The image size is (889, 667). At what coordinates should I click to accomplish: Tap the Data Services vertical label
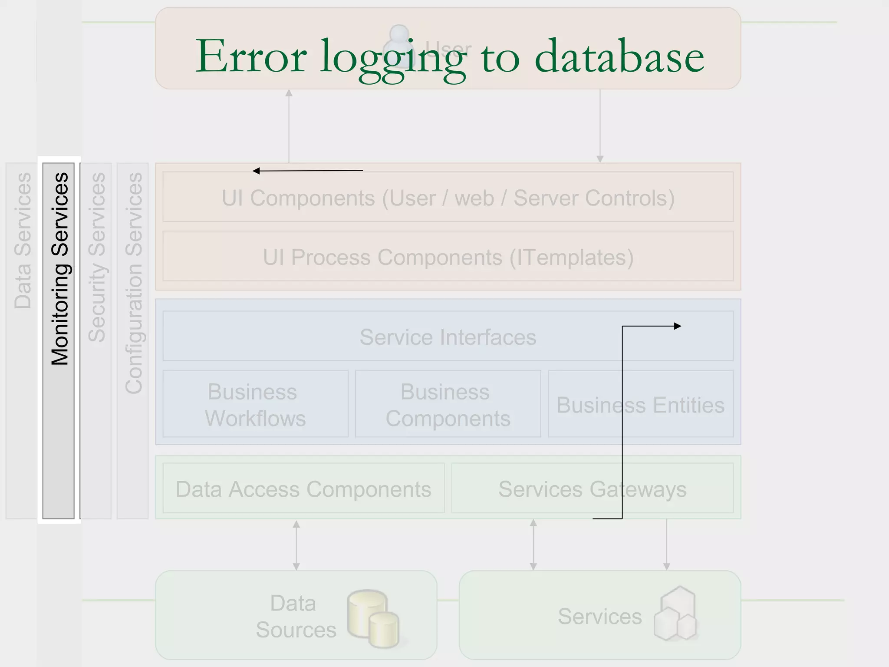[x=23, y=241]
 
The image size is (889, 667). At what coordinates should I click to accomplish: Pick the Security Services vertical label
[x=96, y=257]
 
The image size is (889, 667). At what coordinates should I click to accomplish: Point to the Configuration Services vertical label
[x=133, y=283]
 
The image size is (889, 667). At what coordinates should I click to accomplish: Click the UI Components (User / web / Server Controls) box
[x=448, y=198]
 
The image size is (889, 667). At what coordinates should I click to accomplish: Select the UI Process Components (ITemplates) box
[x=448, y=257]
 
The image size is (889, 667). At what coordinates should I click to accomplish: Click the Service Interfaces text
[x=448, y=337]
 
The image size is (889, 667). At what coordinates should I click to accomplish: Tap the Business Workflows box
[x=255, y=404]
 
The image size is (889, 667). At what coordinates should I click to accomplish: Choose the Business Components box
[x=448, y=404]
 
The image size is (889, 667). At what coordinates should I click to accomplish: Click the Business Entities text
[x=640, y=405]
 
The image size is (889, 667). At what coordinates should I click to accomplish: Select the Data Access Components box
[x=303, y=489]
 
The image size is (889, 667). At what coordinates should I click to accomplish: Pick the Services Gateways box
[x=592, y=489]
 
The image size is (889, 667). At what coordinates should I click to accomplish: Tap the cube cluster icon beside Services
[x=675, y=614]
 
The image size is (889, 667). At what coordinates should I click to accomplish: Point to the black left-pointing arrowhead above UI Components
[x=256, y=171]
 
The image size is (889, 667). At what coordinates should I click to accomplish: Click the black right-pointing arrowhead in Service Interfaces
[x=678, y=326]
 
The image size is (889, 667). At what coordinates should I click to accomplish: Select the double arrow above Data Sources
[x=296, y=545]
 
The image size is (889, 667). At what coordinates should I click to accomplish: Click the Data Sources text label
[x=295, y=616]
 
